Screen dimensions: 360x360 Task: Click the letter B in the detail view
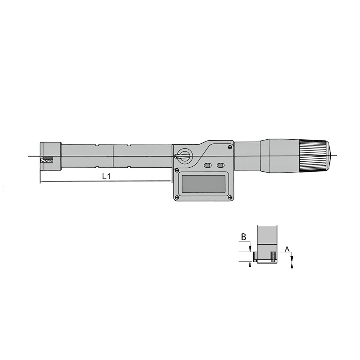pos(243,237)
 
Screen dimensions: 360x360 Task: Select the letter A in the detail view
pos(287,249)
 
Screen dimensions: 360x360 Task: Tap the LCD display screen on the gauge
pos(203,184)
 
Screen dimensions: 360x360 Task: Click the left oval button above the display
pos(208,165)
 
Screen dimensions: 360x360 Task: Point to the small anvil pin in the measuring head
pos(47,161)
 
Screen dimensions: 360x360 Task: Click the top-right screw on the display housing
pos(230,147)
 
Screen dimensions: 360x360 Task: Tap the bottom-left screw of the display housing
pos(176,197)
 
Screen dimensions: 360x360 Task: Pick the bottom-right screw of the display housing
pos(230,197)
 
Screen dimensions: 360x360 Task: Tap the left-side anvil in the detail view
pos(255,257)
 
